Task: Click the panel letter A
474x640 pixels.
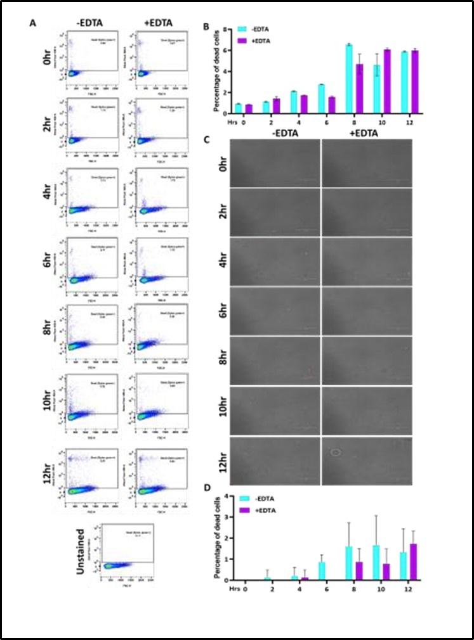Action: (x=32, y=23)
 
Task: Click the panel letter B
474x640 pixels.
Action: (x=205, y=27)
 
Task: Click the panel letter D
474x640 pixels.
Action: (x=205, y=489)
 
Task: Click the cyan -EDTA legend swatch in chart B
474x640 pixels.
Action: (x=241, y=29)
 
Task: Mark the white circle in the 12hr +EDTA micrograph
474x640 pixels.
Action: (x=336, y=452)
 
